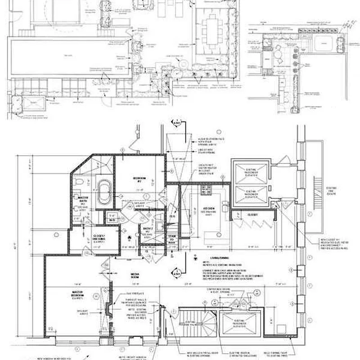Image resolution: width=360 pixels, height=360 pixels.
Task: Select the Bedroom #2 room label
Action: point(139,179)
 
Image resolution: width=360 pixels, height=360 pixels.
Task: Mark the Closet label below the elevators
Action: point(252,215)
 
